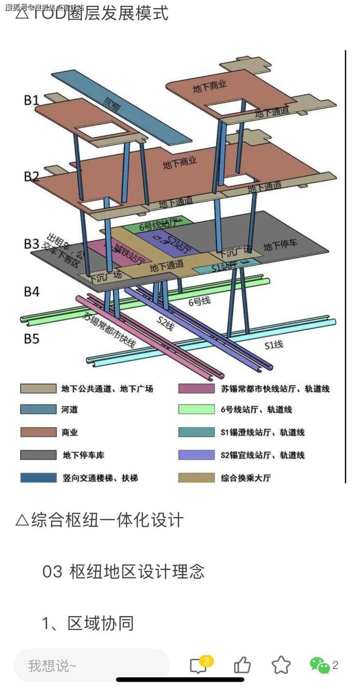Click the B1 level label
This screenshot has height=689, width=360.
(32, 100)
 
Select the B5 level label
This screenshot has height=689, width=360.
(32, 338)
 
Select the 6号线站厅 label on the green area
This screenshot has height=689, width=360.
(154, 226)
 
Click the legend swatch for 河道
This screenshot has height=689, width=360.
(38, 410)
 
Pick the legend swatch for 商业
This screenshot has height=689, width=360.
(38, 432)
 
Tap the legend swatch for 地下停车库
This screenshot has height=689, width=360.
(38, 455)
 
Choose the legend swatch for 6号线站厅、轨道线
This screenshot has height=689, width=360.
(196, 410)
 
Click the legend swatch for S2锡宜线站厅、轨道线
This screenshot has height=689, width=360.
(196, 455)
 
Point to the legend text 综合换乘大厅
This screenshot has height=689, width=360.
(246, 478)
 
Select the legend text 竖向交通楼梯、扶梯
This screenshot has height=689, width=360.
(100, 478)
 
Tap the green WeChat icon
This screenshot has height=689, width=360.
(319, 665)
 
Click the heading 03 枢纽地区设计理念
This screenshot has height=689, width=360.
(124, 572)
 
